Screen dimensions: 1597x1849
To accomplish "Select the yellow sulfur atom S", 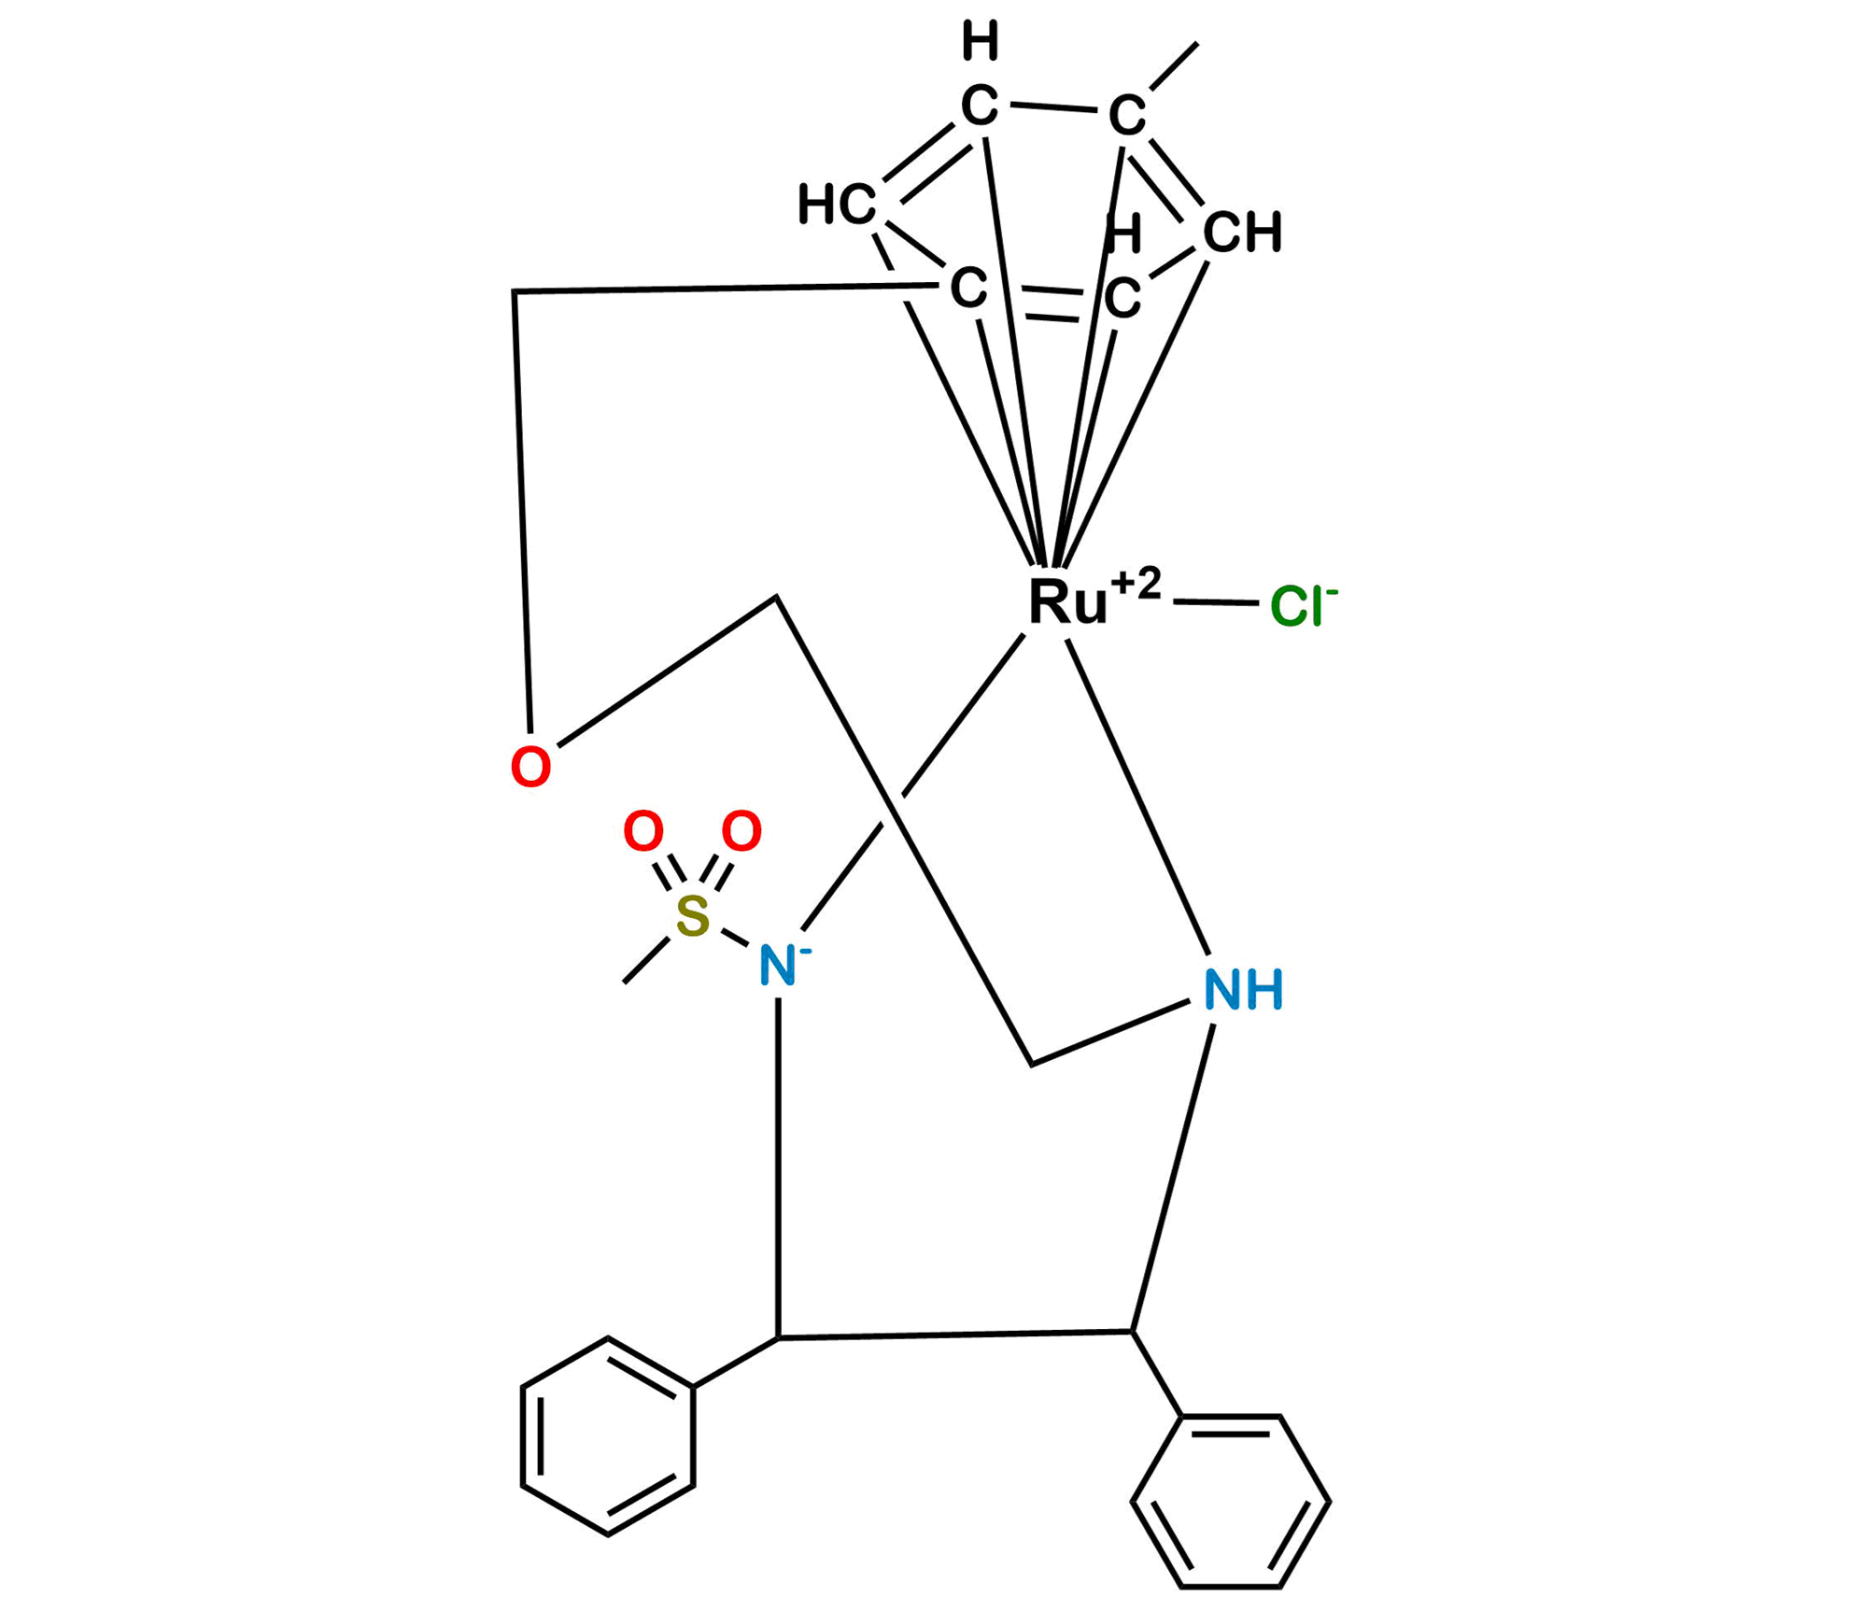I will pos(693,916).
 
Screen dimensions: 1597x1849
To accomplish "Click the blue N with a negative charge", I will pos(777,966).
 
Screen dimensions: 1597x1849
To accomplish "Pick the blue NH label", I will pos(1244,990).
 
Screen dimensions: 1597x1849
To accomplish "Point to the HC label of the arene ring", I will pos(838,205).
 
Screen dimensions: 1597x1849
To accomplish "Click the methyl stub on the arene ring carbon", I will pos(1174,65).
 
